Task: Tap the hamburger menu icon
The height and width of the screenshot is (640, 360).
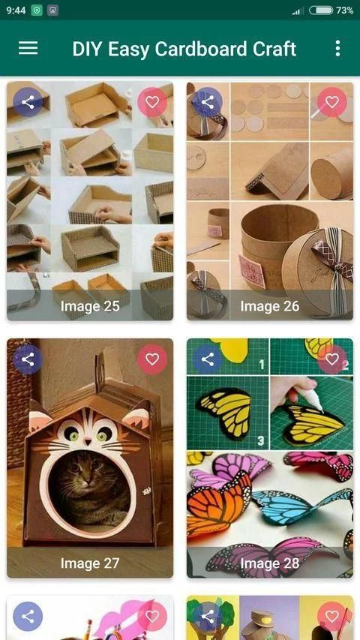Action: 28,48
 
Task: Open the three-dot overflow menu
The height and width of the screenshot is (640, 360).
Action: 337,48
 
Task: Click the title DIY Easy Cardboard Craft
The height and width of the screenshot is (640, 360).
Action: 184,49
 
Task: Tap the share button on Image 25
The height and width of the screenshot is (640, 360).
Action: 28,102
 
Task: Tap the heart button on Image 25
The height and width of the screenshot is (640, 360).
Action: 152,102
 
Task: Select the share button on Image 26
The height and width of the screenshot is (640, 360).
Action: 208,102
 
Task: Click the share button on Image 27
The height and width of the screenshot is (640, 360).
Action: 28,359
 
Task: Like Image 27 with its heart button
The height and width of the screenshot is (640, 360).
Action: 152,359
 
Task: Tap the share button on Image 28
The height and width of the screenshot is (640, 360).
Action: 208,359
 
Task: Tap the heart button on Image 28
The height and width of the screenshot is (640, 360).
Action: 332,359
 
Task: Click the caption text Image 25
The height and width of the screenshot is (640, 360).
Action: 90,306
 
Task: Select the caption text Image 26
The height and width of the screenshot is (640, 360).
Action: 270,306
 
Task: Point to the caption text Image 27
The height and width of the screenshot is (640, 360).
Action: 90,563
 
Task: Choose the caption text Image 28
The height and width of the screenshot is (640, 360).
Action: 270,563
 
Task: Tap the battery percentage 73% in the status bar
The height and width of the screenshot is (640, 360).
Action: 344,11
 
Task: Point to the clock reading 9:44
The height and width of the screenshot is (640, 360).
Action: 16,11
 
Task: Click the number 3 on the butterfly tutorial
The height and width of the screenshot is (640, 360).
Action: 261,440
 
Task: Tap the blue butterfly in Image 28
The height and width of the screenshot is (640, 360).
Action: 302,504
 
